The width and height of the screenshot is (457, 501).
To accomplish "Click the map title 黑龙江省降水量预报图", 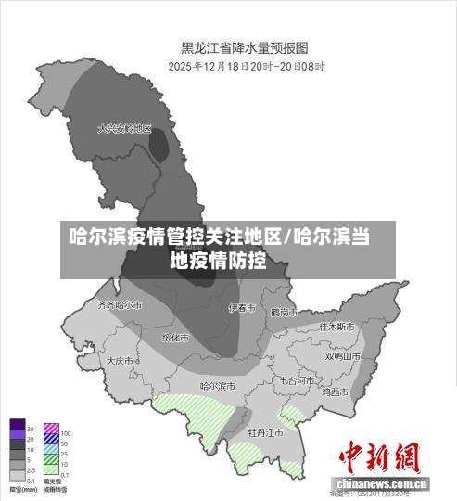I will click(244, 46).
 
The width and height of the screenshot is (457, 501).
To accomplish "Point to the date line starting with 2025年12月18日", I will click(244, 66).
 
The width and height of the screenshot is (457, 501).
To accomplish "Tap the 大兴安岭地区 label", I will click(124, 129).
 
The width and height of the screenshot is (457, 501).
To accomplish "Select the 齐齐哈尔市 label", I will click(120, 303).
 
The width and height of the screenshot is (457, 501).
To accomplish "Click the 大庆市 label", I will click(121, 360).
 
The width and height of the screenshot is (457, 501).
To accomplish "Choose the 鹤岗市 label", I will click(282, 312).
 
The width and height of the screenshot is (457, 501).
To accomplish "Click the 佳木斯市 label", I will click(336, 327).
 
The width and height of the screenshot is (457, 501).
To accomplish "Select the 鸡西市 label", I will click(335, 392).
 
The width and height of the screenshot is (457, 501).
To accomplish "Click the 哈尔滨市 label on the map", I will click(218, 385).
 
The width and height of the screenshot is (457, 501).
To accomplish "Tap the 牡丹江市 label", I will click(265, 432).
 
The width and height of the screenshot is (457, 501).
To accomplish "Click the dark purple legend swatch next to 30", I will click(17, 429).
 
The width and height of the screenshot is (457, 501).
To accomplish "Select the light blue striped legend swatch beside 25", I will click(51, 451).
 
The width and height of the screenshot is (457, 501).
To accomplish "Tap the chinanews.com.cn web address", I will click(382, 484).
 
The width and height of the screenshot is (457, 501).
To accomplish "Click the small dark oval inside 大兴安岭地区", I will click(159, 146).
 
